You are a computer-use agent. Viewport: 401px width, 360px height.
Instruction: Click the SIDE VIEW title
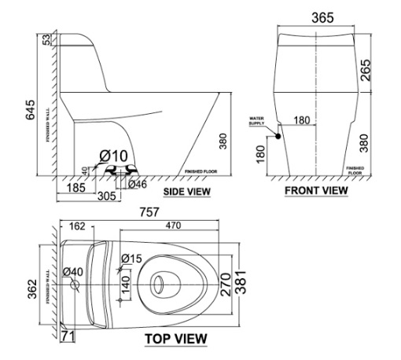186,191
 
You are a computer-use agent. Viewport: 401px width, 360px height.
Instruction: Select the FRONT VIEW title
315,191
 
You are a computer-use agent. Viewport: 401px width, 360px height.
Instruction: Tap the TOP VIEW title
176,339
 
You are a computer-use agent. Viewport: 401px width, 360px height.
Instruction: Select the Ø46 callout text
138,184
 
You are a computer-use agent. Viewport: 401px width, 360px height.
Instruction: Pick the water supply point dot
278,136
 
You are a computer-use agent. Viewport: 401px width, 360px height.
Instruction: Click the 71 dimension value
68,336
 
